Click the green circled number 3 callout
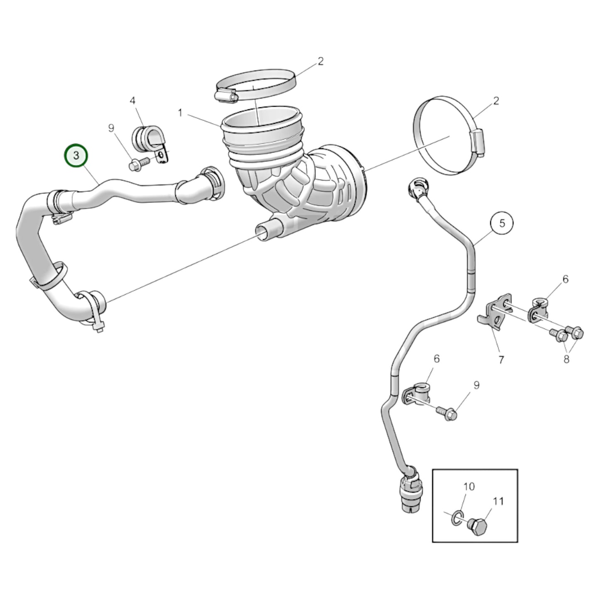(x=76, y=155)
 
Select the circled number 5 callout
(x=502, y=224)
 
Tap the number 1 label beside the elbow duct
(x=180, y=113)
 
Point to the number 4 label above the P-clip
(x=132, y=100)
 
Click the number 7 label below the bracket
(x=501, y=360)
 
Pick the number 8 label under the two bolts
(x=566, y=359)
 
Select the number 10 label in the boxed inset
(x=469, y=486)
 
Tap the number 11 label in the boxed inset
(x=498, y=501)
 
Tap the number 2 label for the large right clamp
(x=496, y=101)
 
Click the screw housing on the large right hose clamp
(x=478, y=142)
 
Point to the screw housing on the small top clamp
(x=227, y=96)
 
